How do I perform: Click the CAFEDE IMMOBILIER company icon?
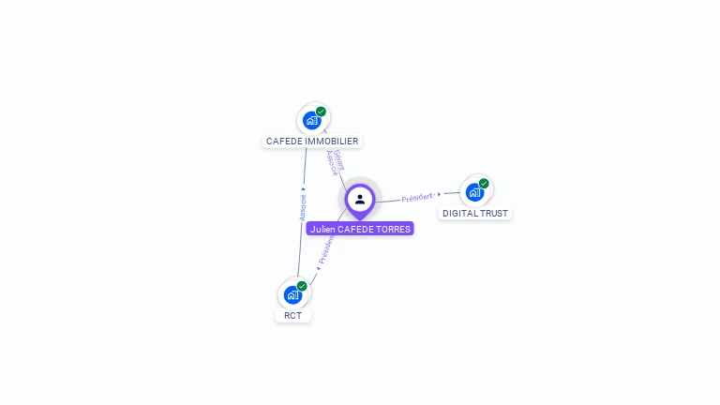point(312,120)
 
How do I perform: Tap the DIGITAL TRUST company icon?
point(475,192)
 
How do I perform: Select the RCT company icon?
point(293,294)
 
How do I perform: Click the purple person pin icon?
point(360,200)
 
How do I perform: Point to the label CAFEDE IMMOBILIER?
point(312,142)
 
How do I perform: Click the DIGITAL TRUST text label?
point(475,214)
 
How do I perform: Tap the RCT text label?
point(293,316)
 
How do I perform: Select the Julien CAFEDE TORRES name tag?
point(360,229)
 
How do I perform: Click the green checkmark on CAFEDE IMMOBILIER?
point(322,112)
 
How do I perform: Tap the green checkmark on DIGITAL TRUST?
point(484,184)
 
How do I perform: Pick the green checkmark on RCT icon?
point(302,286)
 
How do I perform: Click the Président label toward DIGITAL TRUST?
point(417,198)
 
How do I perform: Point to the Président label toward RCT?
point(326,248)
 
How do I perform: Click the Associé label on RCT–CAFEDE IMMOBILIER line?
point(303,207)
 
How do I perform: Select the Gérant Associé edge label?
point(334,161)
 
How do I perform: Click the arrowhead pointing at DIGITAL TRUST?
point(439,195)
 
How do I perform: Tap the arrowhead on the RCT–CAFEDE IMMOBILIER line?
point(303,188)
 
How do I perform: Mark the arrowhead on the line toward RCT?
point(318,269)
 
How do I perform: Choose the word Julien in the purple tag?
point(322,229)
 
